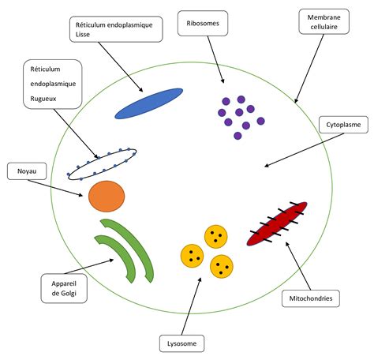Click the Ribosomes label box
[203, 23]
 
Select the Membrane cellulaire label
[324, 21]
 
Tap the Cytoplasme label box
[343, 125]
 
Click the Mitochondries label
[311, 298]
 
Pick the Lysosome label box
[181, 343]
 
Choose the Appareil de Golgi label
[64, 288]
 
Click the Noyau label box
[27, 171]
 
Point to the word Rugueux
[43, 99]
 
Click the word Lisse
[83, 35]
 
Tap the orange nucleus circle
[107, 197]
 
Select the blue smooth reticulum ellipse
[149, 103]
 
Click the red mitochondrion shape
[277, 223]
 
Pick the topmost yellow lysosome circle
[216, 237]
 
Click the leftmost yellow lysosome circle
[193, 256]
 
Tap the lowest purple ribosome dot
[237, 136]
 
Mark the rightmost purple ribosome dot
[260, 121]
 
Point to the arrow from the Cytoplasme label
[305, 150]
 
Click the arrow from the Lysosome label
[192, 306]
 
